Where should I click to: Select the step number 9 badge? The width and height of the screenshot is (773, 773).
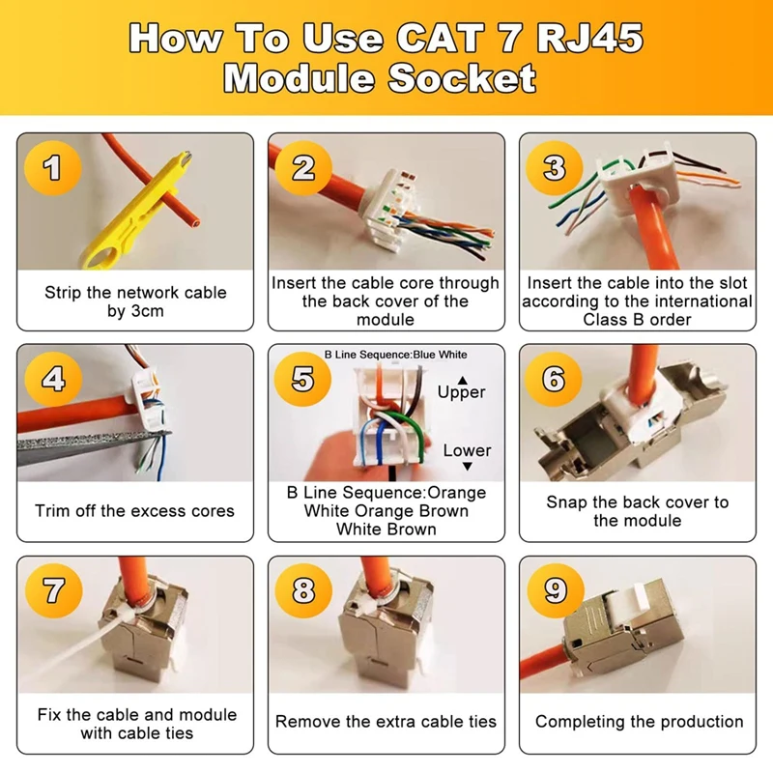pos(556,590)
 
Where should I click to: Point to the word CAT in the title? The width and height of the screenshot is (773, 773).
pos(441,37)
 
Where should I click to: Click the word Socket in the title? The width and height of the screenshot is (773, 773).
pos(462,78)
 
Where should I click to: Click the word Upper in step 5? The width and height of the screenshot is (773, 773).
pos(462,393)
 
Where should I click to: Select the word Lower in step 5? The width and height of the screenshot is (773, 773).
pos(467,450)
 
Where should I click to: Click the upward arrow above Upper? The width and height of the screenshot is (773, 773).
pos(462,380)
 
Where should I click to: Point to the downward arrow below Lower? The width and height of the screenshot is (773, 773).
pos(468,466)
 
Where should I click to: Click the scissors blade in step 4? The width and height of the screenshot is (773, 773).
pos(94,447)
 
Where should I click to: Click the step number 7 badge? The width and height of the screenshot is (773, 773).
pos(53,590)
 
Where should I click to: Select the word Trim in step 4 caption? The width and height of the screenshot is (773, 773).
pos(53,511)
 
